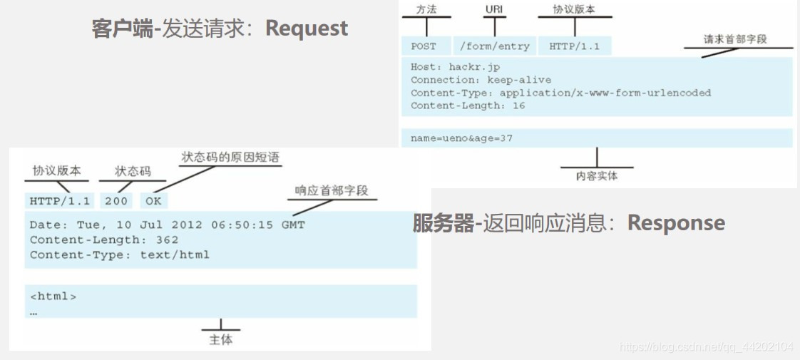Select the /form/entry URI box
[x=494, y=46]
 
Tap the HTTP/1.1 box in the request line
[x=574, y=46]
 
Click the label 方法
[x=426, y=10]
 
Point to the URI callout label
[x=493, y=10]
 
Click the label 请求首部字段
[x=735, y=39]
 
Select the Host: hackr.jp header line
[x=455, y=67]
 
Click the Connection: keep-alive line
[x=481, y=80]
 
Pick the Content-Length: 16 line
[x=468, y=106]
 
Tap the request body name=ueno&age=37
[x=461, y=138]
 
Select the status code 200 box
[x=116, y=201]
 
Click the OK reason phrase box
[x=153, y=201]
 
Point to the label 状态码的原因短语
[x=230, y=158]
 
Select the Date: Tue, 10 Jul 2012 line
[x=167, y=225]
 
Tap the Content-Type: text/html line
[x=120, y=254]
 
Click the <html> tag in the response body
[x=53, y=296]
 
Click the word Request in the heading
[x=307, y=29]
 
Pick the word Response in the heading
[x=676, y=223]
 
